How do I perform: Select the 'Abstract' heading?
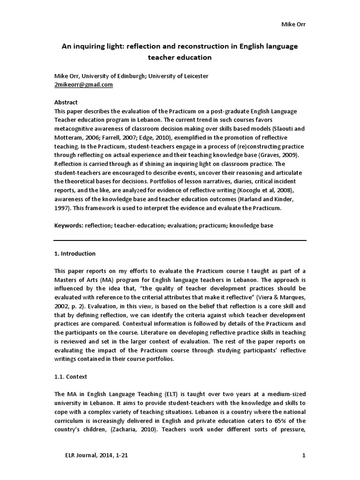tap(66, 102)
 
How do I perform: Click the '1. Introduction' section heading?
tap(75, 254)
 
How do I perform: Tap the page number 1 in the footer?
tap(304, 455)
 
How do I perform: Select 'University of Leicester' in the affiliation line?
tap(179, 76)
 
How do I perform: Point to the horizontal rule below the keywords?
tap(180, 240)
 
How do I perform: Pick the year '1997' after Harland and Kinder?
tap(63, 208)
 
